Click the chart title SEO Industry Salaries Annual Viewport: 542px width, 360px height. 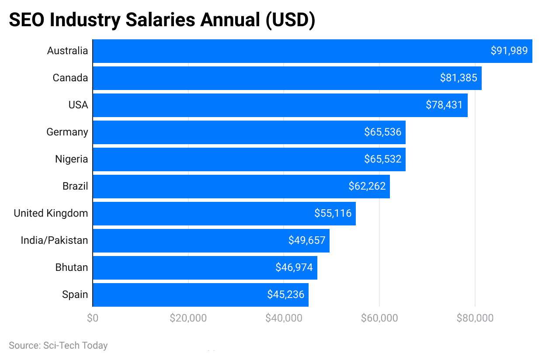(x=162, y=21)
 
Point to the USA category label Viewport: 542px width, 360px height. (x=78, y=105)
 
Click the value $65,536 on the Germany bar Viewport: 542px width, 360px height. (x=382, y=132)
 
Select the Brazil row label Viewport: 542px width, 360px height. (x=75, y=187)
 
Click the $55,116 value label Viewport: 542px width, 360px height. (x=333, y=213)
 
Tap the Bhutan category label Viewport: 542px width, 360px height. (x=72, y=267)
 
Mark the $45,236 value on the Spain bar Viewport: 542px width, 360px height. (x=285, y=294)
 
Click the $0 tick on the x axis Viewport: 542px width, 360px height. (x=93, y=318)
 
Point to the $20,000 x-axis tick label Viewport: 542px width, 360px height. (x=188, y=318)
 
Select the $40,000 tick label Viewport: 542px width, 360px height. (x=284, y=318)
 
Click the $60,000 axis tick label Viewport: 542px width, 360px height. (x=379, y=318)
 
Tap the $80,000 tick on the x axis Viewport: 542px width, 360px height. (x=475, y=318)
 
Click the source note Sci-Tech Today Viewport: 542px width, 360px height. (x=58, y=346)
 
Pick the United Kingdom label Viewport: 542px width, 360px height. (x=51, y=214)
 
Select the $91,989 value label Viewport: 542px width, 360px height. (x=509, y=51)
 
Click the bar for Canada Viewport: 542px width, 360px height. (x=262, y=78)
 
